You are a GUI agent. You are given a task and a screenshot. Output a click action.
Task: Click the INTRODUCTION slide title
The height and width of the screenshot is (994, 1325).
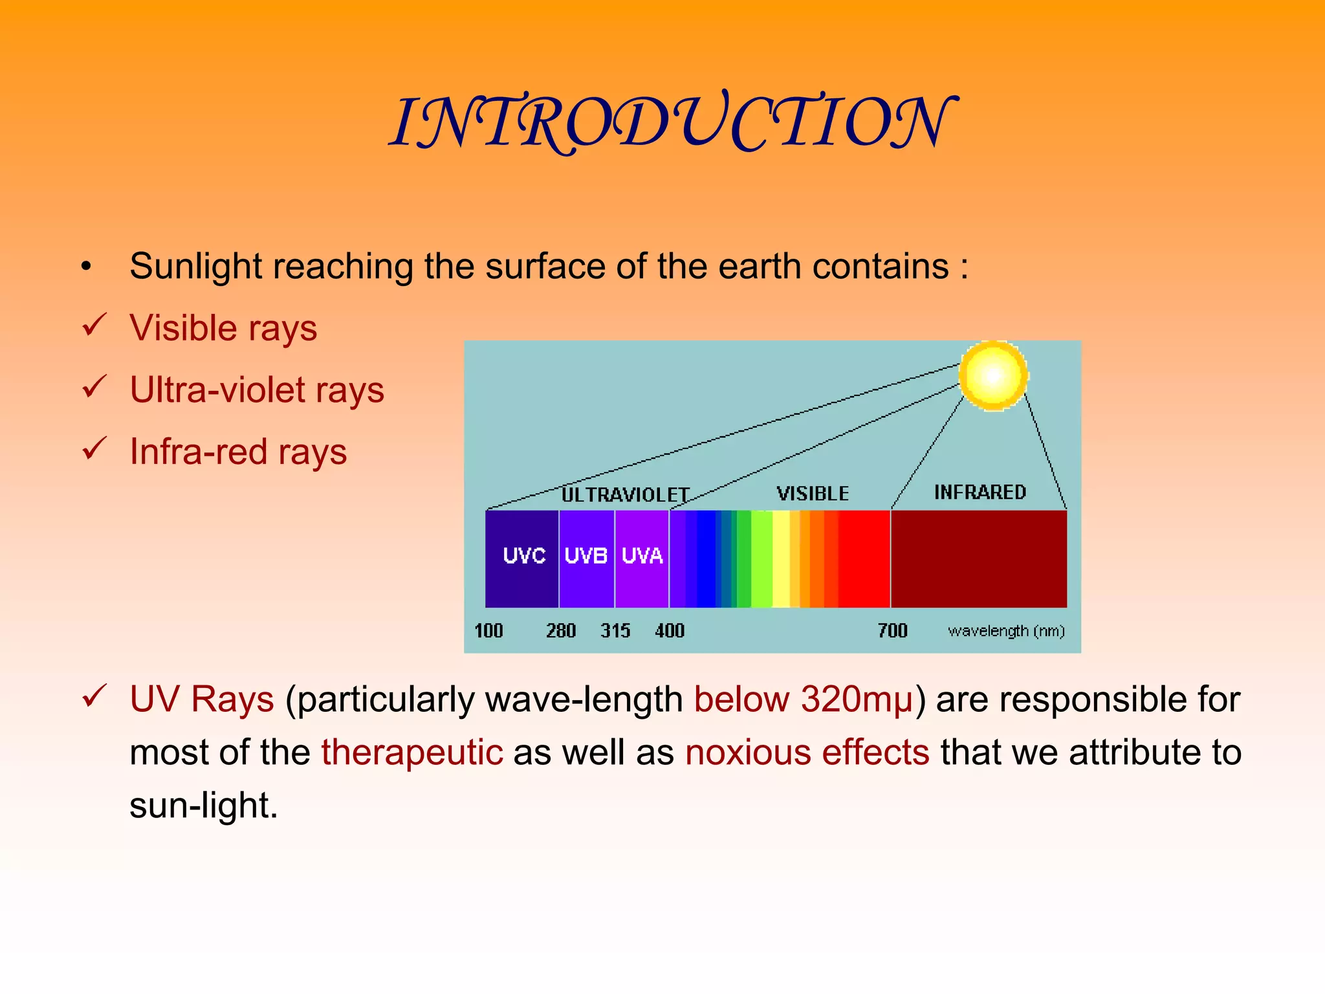(x=673, y=123)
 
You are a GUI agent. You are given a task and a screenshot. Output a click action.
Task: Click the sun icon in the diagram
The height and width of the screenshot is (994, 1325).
(x=993, y=375)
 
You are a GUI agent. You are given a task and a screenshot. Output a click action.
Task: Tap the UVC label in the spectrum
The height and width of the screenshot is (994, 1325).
(x=524, y=555)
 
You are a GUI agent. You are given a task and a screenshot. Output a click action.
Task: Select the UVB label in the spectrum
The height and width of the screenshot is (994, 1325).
(x=586, y=555)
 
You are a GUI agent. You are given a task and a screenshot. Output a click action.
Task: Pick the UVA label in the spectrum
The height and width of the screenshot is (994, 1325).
(x=642, y=555)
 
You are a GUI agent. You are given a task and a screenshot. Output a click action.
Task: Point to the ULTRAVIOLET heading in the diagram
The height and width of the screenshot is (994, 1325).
(x=625, y=495)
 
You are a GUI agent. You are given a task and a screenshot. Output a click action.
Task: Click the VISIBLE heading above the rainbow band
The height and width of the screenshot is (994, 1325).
(x=813, y=494)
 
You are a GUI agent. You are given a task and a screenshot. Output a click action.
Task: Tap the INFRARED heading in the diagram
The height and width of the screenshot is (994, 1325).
(x=980, y=492)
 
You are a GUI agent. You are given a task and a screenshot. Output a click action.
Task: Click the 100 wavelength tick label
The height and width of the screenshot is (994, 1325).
(x=488, y=630)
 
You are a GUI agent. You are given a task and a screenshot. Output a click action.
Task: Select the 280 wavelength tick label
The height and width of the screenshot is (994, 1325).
(x=560, y=630)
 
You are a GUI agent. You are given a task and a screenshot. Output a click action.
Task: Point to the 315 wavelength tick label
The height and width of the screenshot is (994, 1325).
(x=615, y=630)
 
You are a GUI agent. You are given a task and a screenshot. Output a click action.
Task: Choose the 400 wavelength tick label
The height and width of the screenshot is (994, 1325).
(x=669, y=630)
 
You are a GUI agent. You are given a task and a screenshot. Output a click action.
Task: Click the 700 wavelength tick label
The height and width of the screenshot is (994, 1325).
(x=892, y=630)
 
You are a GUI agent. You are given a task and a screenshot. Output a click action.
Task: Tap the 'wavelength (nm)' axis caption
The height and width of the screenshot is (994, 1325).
(x=1006, y=630)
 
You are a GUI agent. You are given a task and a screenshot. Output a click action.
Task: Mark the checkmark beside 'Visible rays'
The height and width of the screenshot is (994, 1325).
(x=94, y=325)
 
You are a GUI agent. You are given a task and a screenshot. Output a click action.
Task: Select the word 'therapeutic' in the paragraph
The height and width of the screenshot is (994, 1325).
(x=412, y=753)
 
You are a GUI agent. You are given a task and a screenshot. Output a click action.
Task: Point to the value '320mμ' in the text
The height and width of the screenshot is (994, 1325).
(x=857, y=700)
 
